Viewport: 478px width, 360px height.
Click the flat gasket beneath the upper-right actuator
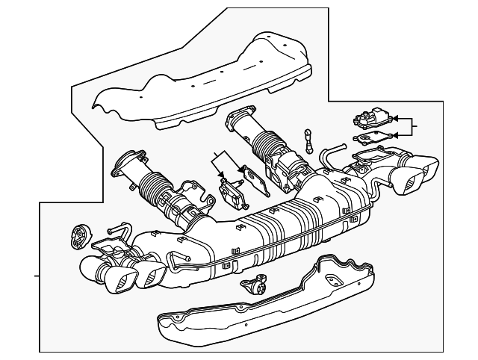(x=372, y=137)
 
